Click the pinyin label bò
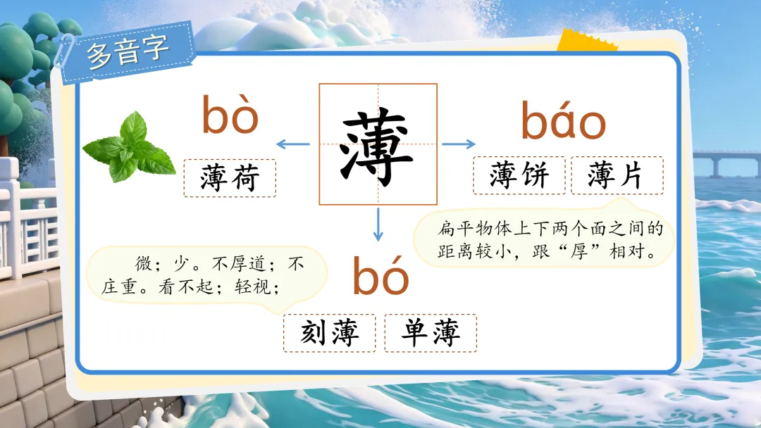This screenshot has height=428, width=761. coord(230,115)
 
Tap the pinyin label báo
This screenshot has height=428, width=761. coord(563,120)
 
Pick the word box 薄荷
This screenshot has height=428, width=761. coord(230,178)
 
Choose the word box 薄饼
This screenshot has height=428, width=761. coord(519,175)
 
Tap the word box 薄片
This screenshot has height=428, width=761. coord(617,175)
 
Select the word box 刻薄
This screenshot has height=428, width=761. coord(330,333)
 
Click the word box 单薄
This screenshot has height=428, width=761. coord(431,333)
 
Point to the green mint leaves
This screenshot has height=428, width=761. coord(129,147)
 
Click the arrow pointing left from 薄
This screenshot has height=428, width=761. coord(292,144)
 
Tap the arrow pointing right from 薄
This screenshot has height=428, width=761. coord(459,144)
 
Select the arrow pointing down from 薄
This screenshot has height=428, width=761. coord(378,225)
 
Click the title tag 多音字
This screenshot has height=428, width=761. coord(128,51)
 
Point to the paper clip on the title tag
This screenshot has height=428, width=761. coord(64,51)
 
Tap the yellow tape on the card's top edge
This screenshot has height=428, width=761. coord(586,41)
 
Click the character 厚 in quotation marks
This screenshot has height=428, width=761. coord(579,251)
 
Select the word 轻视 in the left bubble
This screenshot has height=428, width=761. coord(252,287)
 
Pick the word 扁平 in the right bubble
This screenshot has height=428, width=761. coord(455,229)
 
